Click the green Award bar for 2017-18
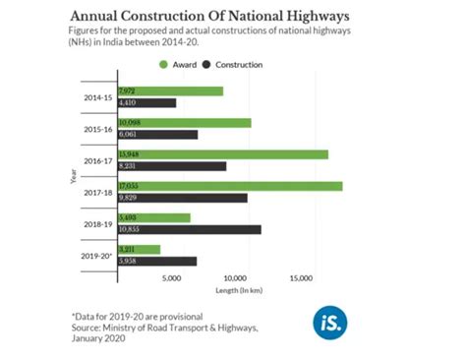[229, 186]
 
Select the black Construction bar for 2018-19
[189, 229]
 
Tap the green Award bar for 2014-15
[170, 90]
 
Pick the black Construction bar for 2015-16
[157, 134]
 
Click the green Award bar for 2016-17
[222, 154]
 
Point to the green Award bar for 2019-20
[139, 250]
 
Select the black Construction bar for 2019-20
[156, 262]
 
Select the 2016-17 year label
[96, 160]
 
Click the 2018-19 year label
[96, 223]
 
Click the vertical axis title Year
[74, 177]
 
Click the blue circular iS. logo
[328, 321]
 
